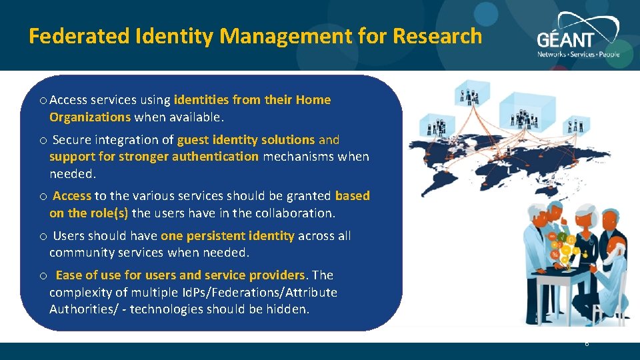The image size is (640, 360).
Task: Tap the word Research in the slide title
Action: point(437,36)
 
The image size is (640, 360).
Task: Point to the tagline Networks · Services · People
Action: point(578,54)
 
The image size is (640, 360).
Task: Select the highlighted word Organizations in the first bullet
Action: point(90,117)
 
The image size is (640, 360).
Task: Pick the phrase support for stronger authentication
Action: point(153,157)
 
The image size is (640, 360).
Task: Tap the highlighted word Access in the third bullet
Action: point(72,196)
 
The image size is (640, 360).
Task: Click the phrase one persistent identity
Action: point(227,236)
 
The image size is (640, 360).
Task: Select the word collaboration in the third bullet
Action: point(298,213)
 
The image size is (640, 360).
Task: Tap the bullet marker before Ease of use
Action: point(43,276)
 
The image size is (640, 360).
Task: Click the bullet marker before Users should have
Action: point(43,237)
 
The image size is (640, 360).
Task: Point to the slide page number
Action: point(586,344)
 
